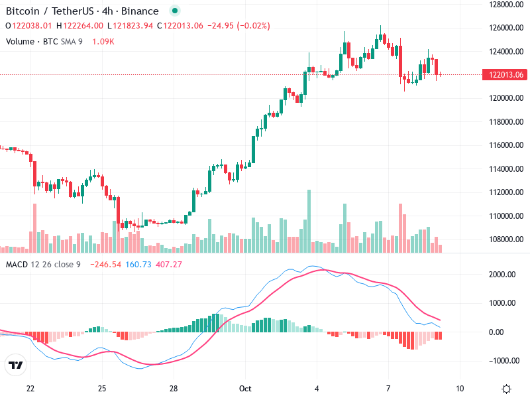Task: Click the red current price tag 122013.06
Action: coord(508,74)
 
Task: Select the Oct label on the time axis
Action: coord(245,388)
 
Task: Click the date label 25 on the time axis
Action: coord(101,388)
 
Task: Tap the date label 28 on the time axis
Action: coord(173,388)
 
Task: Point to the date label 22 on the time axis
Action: coord(30,388)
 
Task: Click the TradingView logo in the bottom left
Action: coord(16,365)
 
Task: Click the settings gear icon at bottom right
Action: coord(507,389)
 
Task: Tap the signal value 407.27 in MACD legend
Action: coord(168,265)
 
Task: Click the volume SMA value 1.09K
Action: coord(103,42)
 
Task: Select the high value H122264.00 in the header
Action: coord(80,26)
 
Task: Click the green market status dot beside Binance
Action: coord(174,11)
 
